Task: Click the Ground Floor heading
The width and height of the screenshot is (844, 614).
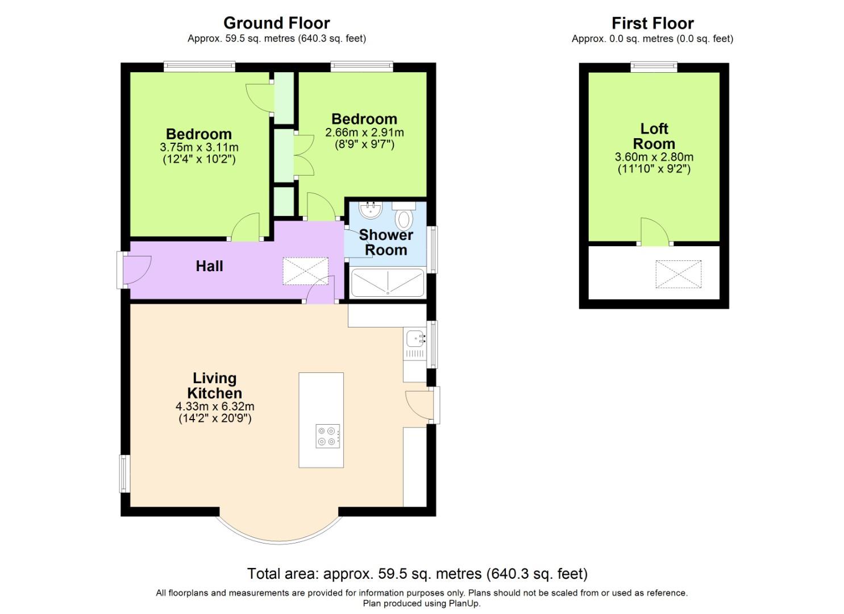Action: [276, 23]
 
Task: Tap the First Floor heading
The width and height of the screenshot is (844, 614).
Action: [652, 23]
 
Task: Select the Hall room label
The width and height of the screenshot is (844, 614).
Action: [209, 266]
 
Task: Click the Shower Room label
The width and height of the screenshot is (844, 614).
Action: [386, 242]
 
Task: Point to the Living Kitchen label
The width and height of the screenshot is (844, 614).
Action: [214, 385]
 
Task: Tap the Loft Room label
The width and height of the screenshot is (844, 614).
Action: [654, 136]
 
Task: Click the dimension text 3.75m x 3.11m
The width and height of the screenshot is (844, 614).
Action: [199, 147]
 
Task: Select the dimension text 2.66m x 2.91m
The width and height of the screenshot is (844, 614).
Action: [364, 132]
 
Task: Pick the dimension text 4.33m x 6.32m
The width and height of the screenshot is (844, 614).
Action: [214, 406]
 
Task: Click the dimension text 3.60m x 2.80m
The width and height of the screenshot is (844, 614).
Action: [654, 157]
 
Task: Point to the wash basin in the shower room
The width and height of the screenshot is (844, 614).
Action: [372, 210]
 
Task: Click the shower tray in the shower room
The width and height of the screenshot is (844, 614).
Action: [388, 283]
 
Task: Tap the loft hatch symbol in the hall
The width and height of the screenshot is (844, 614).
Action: [306, 271]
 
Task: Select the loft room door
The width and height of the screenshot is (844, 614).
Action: [655, 233]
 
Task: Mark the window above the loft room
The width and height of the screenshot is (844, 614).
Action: [654, 67]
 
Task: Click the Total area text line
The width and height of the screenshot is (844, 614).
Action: [417, 573]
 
